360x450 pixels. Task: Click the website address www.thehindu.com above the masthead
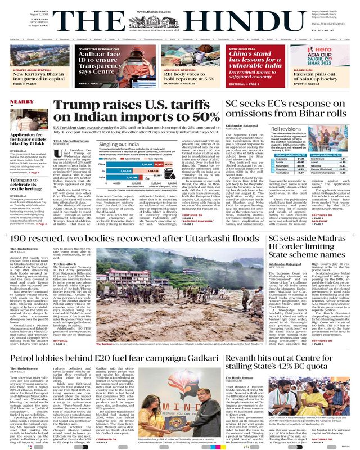pos(180,4)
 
